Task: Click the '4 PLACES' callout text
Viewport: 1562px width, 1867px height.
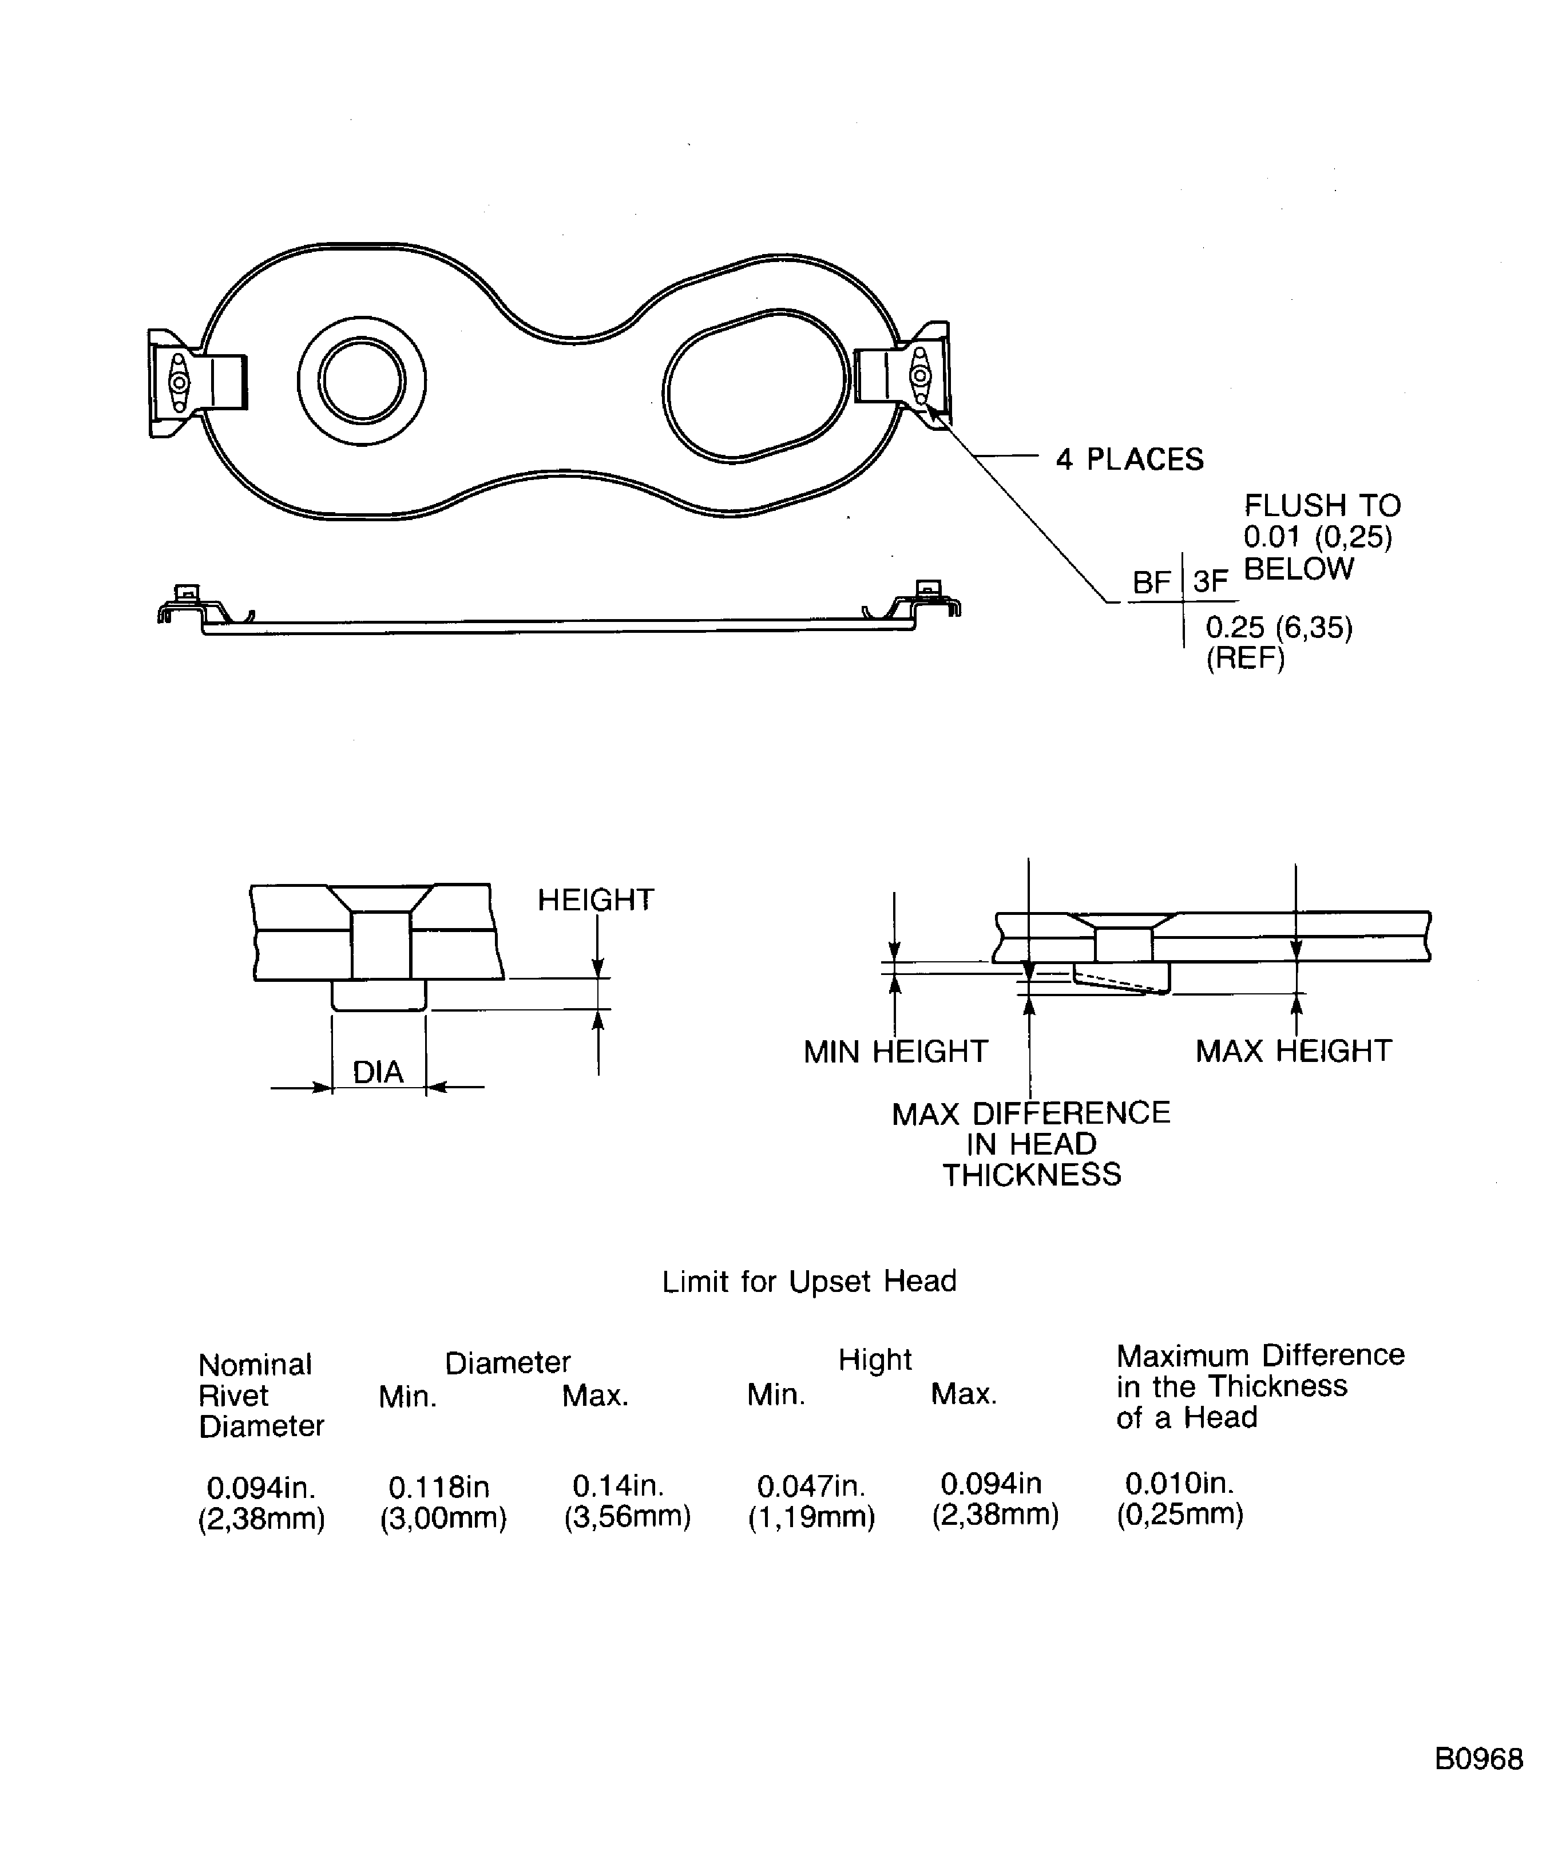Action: tap(1128, 459)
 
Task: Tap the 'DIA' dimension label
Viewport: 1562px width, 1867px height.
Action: tap(378, 1072)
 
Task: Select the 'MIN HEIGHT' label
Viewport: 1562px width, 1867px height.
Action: tap(895, 1052)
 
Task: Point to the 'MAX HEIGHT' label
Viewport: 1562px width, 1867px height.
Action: tap(1293, 1051)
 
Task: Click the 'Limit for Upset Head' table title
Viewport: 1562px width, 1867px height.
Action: tap(809, 1281)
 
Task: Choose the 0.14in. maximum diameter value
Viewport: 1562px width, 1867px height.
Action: tap(618, 1485)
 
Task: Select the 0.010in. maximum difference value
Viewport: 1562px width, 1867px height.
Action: tap(1179, 1483)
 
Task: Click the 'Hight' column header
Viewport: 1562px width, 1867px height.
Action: tap(875, 1359)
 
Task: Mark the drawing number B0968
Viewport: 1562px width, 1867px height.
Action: tap(1478, 1758)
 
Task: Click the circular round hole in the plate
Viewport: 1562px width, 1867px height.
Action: tap(361, 380)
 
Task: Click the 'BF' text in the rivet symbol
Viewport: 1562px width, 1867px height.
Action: tap(1151, 583)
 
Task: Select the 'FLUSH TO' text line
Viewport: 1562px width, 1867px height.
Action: tap(1321, 506)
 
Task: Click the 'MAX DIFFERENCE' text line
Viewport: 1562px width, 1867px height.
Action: tap(1030, 1113)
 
